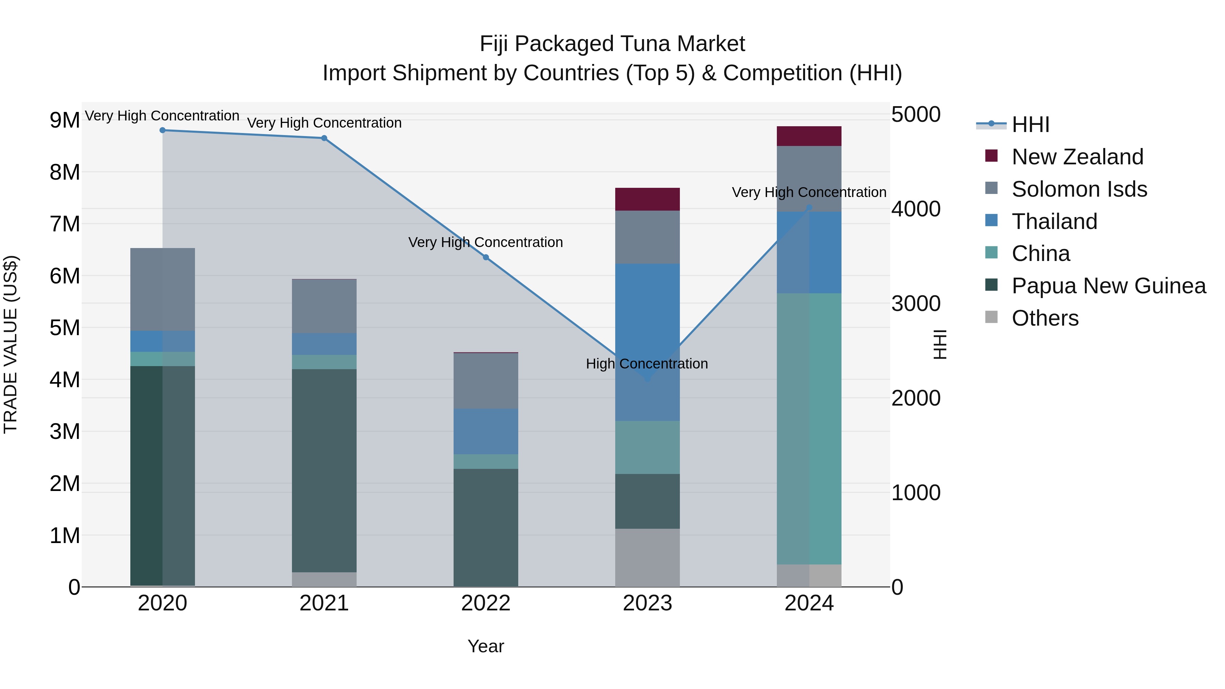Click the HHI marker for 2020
(x=163, y=130)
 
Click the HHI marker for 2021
(x=324, y=138)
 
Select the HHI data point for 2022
(x=486, y=257)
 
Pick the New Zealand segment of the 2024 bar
(x=809, y=136)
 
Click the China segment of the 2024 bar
(x=809, y=428)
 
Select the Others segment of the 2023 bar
(x=647, y=557)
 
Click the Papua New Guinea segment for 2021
(x=324, y=471)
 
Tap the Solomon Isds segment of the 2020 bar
(x=163, y=289)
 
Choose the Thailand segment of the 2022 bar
(x=486, y=431)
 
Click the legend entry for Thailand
(x=1054, y=222)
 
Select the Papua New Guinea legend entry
(x=1108, y=286)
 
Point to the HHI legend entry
(x=1030, y=125)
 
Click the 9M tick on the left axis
(x=65, y=120)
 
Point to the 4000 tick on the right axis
(x=915, y=209)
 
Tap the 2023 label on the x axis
(x=647, y=603)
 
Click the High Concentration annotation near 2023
(x=647, y=364)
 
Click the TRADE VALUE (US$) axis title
(x=11, y=344)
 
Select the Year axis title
(x=486, y=646)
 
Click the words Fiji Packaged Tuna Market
(x=612, y=44)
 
